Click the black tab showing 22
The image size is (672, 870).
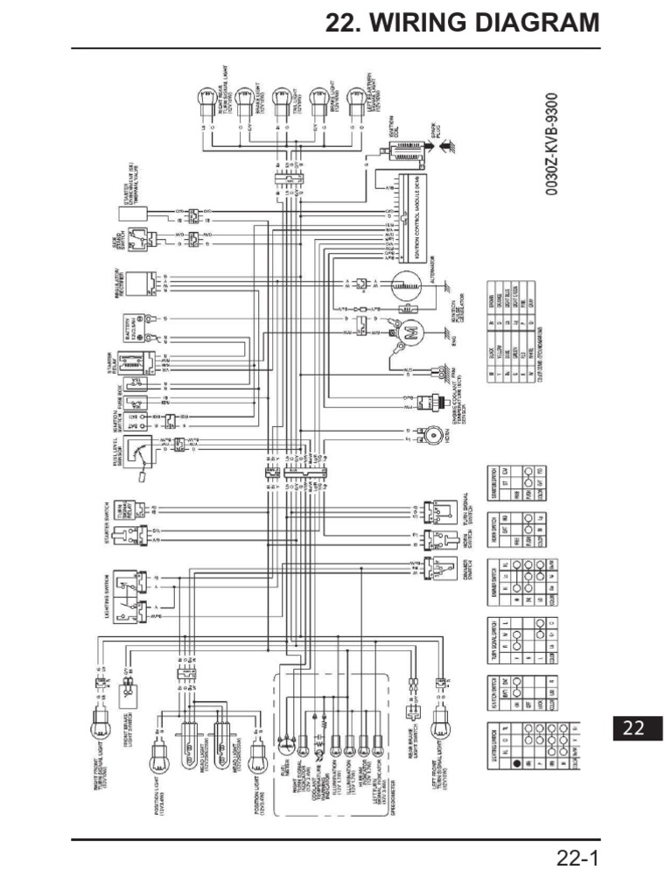633,727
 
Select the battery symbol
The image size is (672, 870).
136,327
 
